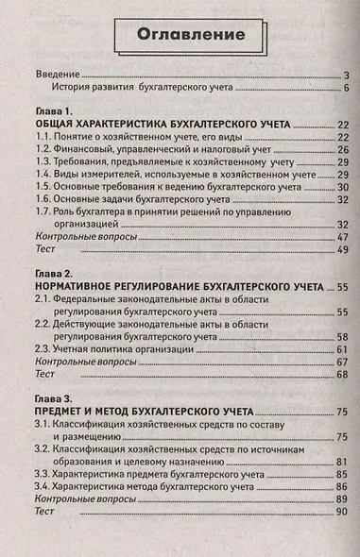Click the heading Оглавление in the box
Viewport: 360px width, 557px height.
click(179, 35)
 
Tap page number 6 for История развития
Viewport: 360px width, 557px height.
click(347, 88)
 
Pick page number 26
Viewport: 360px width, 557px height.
click(343, 149)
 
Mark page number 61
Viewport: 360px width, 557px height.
click(343, 348)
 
